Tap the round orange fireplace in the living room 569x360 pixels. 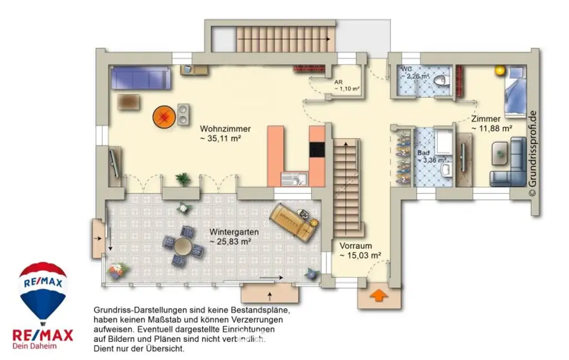pyautogui.click(x=164, y=117)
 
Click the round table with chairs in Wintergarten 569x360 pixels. pyautogui.click(x=183, y=244)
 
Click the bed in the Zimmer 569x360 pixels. pyautogui.click(x=514, y=92)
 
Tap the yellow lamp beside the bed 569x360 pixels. pyautogui.click(x=499, y=71)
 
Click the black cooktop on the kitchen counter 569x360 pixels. pyautogui.click(x=317, y=149)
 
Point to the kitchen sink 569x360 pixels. pyautogui.click(x=291, y=179)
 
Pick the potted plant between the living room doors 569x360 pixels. pyautogui.click(x=182, y=179)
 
